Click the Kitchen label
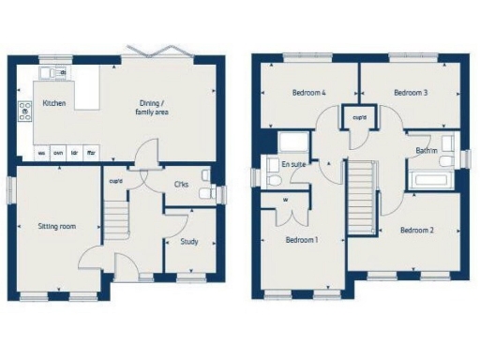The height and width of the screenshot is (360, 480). pyautogui.click(x=53, y=104)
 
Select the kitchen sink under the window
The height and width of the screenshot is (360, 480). pyautogui.click(x=48, y=73)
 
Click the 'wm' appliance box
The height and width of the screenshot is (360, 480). pyautogui.click(x=42, y=152)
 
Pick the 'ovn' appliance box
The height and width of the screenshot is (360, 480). pyautogui.click(x=58, y=152)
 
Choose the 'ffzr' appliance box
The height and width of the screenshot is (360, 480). pyautogui.click(x=91, y=152)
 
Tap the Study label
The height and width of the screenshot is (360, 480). pyautogui.click(x=187, y=242)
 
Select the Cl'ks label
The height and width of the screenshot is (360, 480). pyautogui.click(x=182, y=184)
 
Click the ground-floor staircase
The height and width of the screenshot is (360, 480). pyautogui.click(x=113, y=220)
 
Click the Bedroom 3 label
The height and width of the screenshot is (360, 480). pyautogui.click(x=411, y=93)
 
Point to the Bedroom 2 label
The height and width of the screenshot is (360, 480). pyautogui.click(x=416, y=230)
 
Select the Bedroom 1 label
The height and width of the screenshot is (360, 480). pyautogui.click(x=302, y=240)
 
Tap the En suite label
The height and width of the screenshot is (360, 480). pyautogui.click(x=293, y=164)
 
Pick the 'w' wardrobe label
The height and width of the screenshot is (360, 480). pyautogui.click(x=284, y=199)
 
